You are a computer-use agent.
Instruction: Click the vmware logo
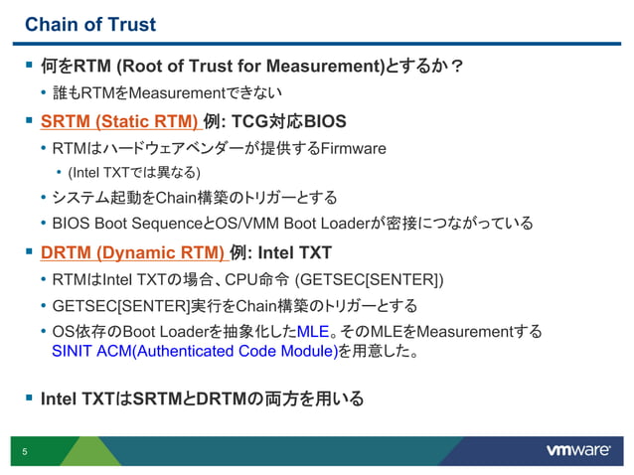tap(577, 450)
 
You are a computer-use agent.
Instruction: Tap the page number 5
tap(25, 452)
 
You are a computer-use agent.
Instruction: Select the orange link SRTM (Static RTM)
tap(118, 122)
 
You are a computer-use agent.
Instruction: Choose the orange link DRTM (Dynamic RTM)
tap(130, 252)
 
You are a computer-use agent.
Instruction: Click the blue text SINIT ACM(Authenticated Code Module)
tap(194, 351)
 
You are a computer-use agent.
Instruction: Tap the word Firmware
tap(353, 149)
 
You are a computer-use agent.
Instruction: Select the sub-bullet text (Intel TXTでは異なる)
tap(133, 172)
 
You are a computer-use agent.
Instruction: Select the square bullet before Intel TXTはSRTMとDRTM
tap(29, 398)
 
